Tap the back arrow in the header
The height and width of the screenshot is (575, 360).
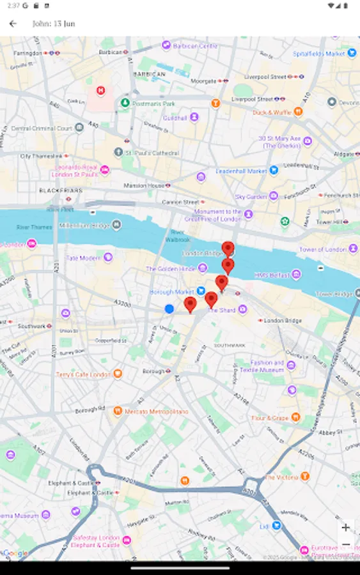point(13,24)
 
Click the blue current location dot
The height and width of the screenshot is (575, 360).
point(169,309)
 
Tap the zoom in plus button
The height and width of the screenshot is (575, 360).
point(345,528)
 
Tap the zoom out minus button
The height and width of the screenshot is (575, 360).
point(345,544)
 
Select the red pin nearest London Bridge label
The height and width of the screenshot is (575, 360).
point(228,249)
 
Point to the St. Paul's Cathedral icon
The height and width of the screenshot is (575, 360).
point(118,153)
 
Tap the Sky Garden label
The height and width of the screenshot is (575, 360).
point(251,197)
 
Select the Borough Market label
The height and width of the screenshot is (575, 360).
point(171,292)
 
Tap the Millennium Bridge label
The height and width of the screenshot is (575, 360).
point(84,225)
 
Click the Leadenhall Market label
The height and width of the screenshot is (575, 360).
point(241,171)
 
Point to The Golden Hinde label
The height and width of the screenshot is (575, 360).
point(171,269)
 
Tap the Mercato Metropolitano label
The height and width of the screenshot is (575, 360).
point(157,411)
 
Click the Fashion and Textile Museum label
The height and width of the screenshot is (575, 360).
point(267,366)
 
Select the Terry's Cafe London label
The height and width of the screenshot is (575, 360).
point(84,374)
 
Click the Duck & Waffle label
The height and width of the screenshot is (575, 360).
point(272,112)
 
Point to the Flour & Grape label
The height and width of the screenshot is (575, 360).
point(270,418)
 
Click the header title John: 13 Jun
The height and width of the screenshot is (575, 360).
point(54,24)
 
